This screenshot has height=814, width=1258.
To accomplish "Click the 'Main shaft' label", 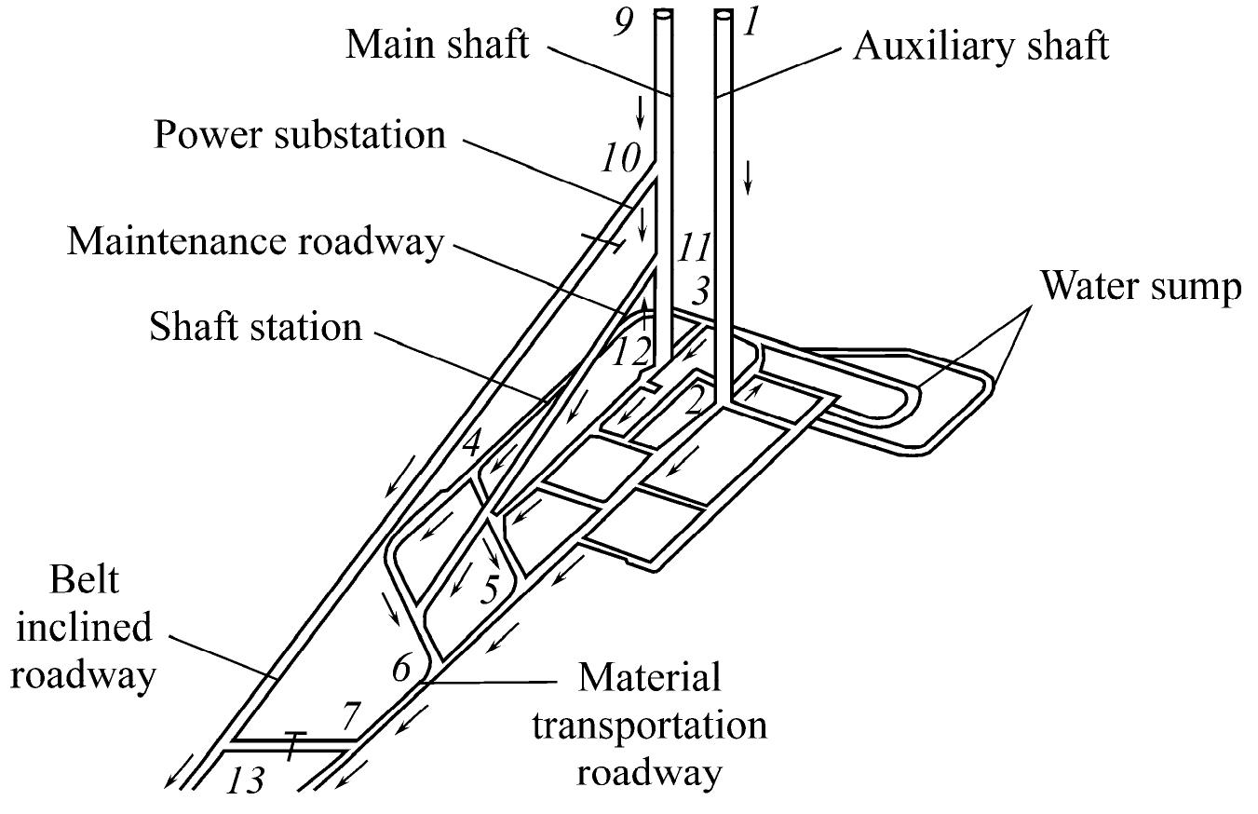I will (x=438, y=44).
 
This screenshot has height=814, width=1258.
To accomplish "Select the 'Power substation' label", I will (x=300, y=135).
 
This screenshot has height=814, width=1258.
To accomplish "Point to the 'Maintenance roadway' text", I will (x=255, y=241).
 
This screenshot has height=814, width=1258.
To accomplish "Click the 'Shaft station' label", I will (x=255, y=327).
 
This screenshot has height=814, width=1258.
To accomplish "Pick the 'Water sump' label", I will (x=1140, y=287).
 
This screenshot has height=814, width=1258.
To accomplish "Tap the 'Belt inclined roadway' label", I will (x=82, y=628).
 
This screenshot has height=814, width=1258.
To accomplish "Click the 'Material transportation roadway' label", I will (x=650, y=726).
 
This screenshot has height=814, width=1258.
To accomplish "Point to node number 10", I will (x=620, y=158).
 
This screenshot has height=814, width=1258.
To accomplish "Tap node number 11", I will (x=693, y=250).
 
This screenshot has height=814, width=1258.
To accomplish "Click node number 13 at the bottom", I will (x=245, y=779).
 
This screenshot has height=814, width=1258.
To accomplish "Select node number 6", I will (x=400, y=667).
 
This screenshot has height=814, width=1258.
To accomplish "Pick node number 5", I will (x=490, y=589).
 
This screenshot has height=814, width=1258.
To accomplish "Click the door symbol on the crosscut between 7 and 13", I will (x=293, y=744).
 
